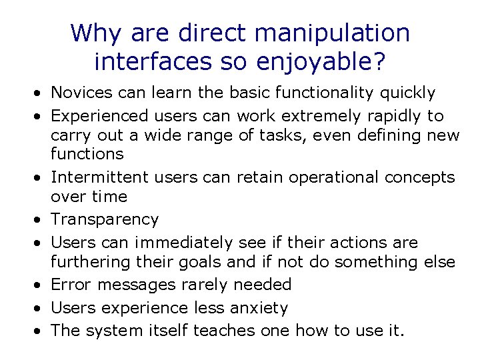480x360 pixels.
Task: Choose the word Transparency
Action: click(x=105, y=220)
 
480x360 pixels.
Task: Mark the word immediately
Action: click(x=184, y=242)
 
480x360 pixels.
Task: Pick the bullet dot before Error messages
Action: click(x=41, y=285)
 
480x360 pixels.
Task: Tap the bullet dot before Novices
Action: click(x=41, y=93)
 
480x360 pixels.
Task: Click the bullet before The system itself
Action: click(x=41, y=331)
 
